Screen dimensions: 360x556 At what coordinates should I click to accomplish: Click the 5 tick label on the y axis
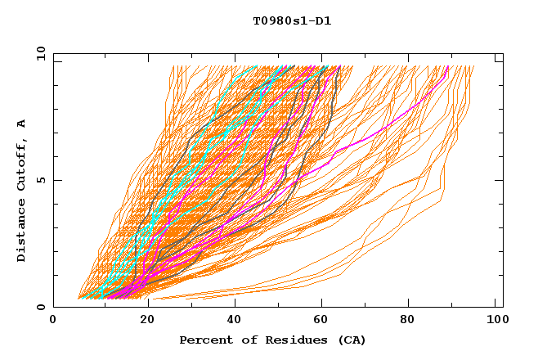tap(40, 180)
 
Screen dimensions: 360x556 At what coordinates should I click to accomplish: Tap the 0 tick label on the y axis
tap(40, 307)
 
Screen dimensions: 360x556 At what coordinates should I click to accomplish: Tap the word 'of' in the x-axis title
tap(247, 340)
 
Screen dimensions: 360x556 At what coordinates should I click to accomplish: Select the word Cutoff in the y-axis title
tap(22, 162)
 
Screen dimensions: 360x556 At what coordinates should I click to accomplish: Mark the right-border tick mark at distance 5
tap(499, 180)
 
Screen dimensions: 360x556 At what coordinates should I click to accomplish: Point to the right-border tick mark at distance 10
tap(499, 60)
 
